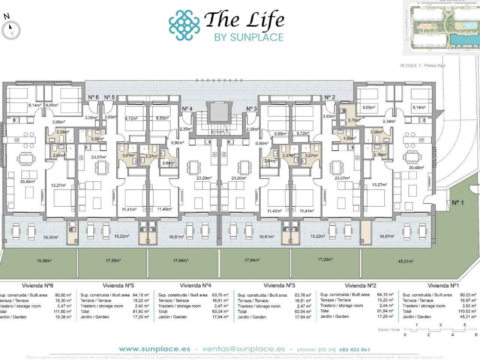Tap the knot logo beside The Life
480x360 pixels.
[x=184, y=25]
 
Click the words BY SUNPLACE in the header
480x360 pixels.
[x=248, y=37]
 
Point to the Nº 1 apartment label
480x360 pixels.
[x=458, y=203]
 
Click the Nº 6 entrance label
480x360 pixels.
[x=93, y=97]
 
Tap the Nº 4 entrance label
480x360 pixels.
[x=187, y=109]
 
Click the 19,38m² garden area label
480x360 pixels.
[x=44, y=260]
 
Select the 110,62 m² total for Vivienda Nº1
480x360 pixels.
[x=468, y=311]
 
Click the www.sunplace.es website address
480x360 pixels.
[x=155, y=349]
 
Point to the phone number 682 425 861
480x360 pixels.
[x=354, y=349]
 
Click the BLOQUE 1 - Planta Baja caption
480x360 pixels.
[x=423, y=66]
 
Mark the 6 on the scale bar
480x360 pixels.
[x=476, y=334]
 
